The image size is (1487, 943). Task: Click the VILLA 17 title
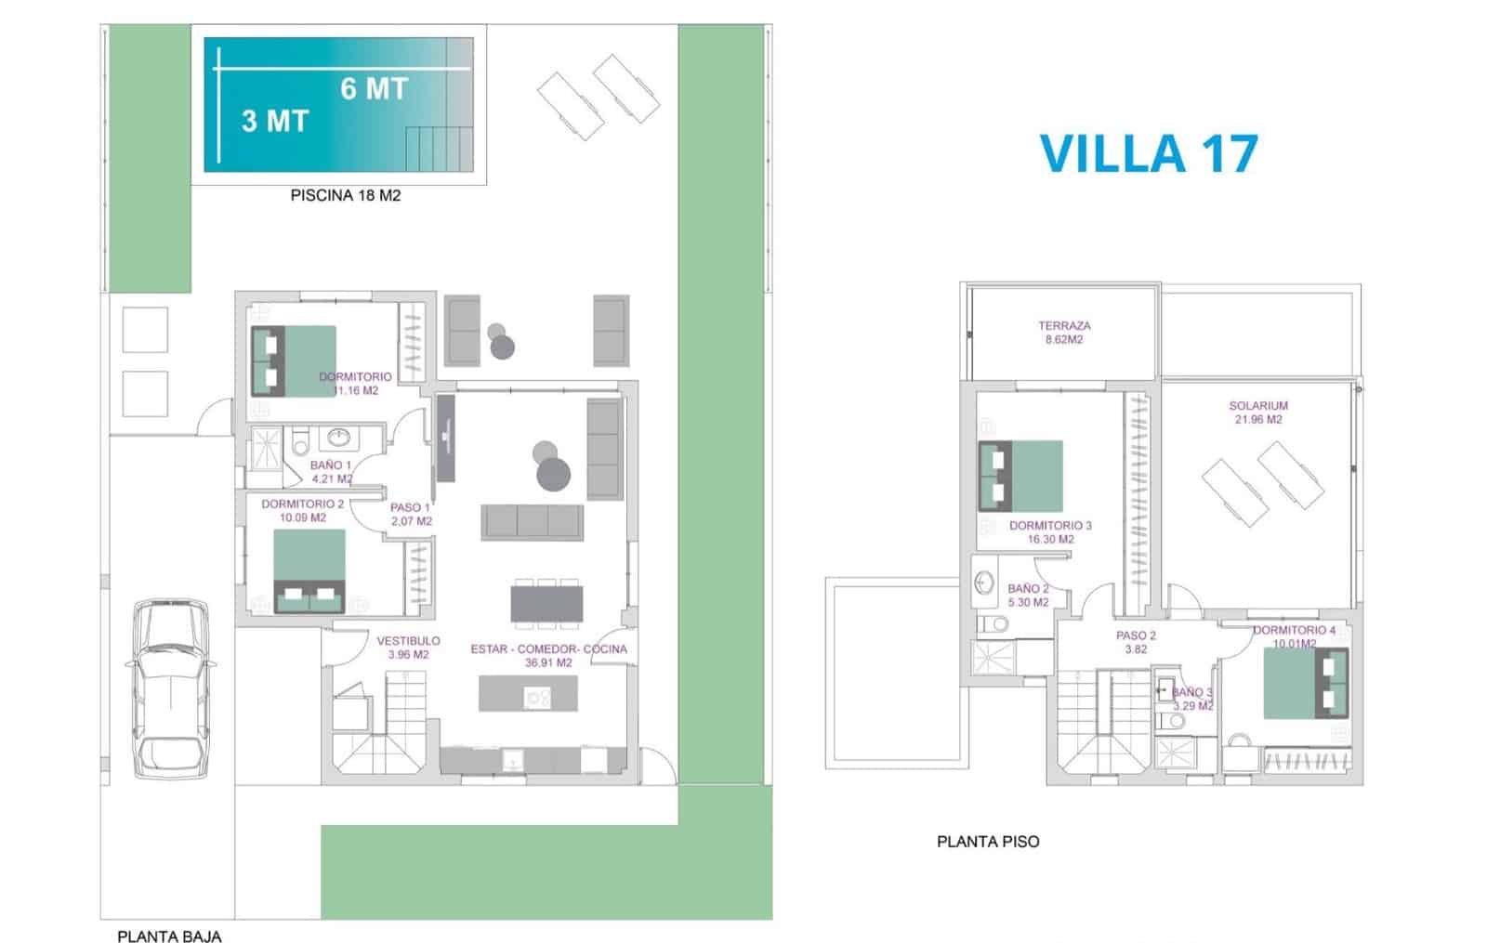tap(1148, 153)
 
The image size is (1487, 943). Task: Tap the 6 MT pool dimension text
tap(374, 88)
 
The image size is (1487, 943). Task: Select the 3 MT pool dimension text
tap(274, 121)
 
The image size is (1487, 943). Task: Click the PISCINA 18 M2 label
tap(346, 196)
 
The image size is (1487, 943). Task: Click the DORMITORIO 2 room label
tap(302, 510)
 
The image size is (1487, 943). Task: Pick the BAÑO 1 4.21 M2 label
tap(331, 472)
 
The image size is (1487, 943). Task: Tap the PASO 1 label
tap(411, 515)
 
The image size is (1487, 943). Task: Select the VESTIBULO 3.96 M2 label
tap(408, 648)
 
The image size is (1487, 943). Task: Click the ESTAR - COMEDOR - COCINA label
tap(548, 655)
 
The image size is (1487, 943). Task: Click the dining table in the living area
tap(546, 602)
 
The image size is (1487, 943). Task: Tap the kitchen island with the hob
tap(528, 694)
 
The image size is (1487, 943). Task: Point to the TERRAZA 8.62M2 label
tap(1064, 333)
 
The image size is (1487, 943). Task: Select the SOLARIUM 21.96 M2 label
tap(1258, 413)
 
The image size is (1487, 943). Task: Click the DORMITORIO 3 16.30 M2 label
tap(1050, 531)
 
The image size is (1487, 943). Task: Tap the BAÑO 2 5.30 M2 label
tap(1028, 595)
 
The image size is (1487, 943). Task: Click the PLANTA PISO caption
tap(988, 842)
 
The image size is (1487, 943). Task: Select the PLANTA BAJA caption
tap(169, 936)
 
